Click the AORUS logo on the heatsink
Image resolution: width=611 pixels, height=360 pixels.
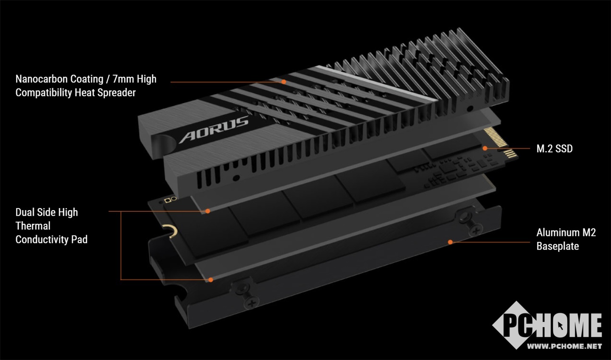click(x=213, y=129)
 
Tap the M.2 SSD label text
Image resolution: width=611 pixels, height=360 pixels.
click(x=554, y=149)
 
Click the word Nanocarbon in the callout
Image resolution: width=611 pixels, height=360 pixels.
click(x=42, y=79)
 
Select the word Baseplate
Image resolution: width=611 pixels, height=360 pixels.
click(x=558, y=246)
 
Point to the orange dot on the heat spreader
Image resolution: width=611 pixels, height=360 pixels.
click(x=284, y=82)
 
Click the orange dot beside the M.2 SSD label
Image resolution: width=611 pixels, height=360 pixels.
click(x=485, y=148)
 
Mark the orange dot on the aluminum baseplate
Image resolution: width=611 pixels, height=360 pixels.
click(x=450, y=242)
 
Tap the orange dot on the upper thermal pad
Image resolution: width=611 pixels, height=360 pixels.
click(x=207, y=211)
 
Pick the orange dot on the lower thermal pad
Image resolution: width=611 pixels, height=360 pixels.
click(x=210, y=280)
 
